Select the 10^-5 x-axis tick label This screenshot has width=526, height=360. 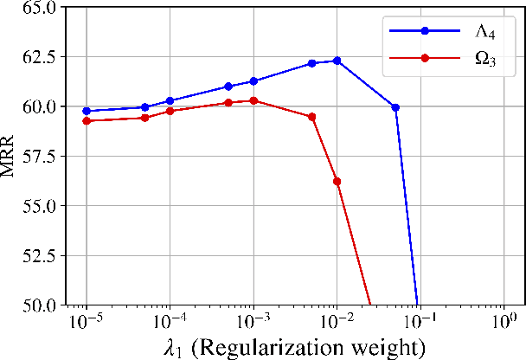[86, 322]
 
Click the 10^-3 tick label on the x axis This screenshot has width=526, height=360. [253, 322]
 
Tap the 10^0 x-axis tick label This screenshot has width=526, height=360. [504, 322]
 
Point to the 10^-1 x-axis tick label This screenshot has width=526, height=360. [420, 322]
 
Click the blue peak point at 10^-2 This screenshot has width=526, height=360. [337, 61]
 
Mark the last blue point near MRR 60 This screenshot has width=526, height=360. [395, 107]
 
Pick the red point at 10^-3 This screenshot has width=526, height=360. [253, 100]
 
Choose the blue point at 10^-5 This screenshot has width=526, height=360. [87, 111]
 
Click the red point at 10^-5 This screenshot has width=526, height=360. [87, 120]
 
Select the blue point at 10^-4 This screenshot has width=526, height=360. [170, 100]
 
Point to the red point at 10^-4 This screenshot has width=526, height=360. [170, 111]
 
